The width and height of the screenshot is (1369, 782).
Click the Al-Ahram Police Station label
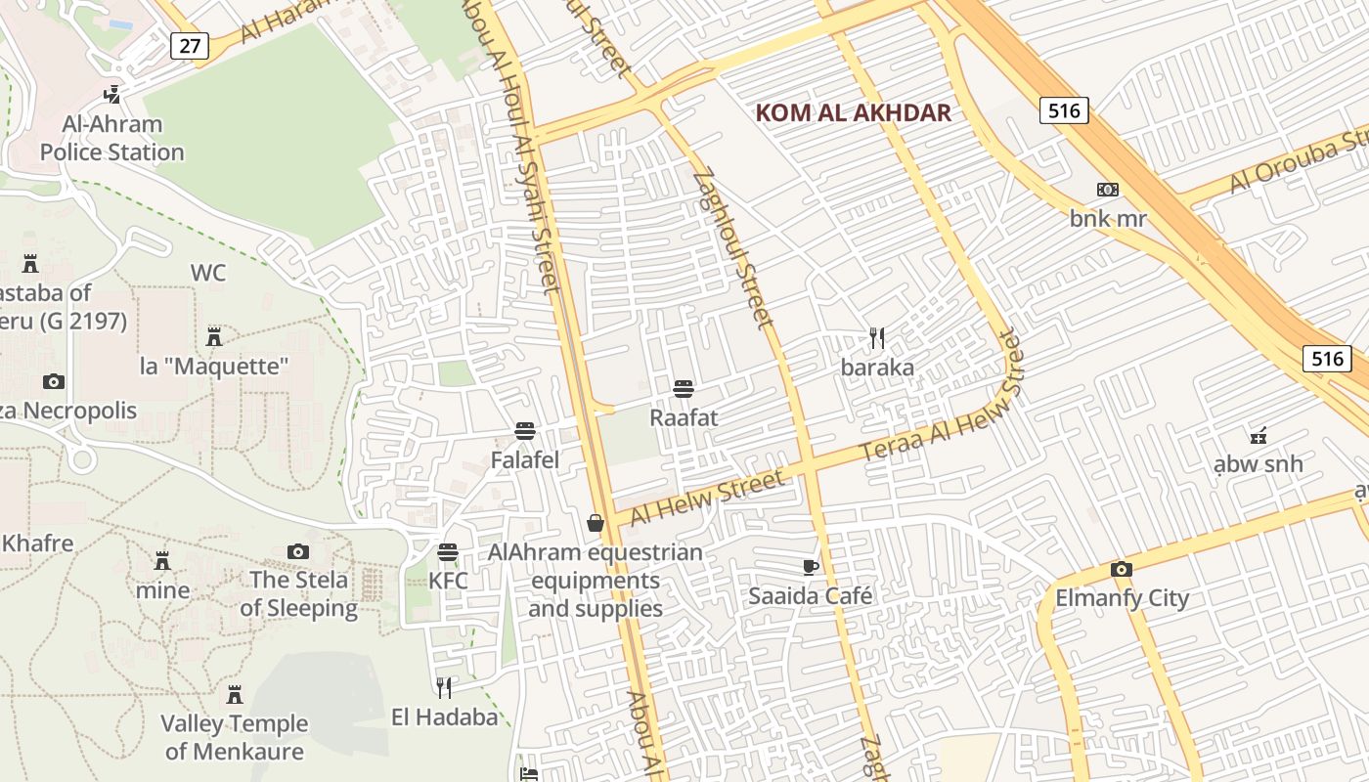tap(111, 138)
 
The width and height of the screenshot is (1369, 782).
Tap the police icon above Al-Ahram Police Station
tap(112, 95)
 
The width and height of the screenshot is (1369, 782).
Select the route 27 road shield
tap(189, 45)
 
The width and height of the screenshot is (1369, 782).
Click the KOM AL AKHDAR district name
tap(853, 112)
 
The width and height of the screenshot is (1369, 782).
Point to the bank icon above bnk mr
tap(1107, 190)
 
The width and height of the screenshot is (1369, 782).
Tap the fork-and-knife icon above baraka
tap(877, 338)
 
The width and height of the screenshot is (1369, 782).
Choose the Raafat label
tap(684, 417)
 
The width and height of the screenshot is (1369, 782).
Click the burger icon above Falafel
tap(525, 431)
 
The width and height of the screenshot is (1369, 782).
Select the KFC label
tap(448, 581)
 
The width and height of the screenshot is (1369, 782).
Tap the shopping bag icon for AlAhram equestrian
tap(595, 524)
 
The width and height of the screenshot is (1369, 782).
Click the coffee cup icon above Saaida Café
tap(810, 567)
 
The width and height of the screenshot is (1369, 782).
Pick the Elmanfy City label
tap(1122, 598)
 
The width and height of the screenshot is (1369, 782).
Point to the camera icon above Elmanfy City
tap(1122, 570)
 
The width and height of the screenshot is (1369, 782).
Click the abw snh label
tap(1258, 463)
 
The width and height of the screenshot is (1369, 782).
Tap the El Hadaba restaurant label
tap(444, 717)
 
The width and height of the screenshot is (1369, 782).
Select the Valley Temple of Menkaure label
tap(235, 737)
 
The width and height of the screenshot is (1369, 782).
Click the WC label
tap(208, 273)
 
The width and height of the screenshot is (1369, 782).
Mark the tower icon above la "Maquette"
tap(214, 337)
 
